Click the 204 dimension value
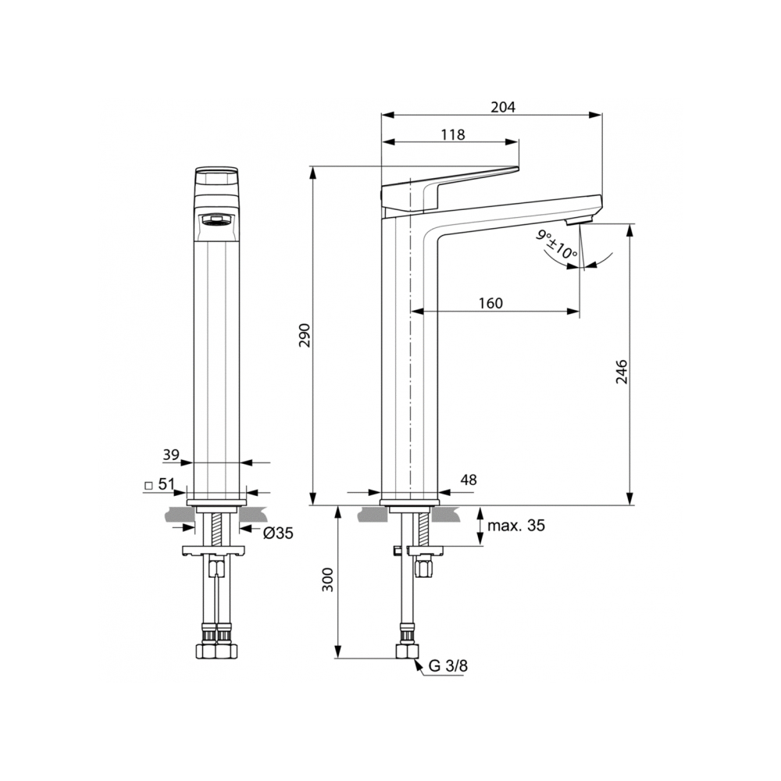click(503, 107)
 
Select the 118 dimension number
click(453, 134)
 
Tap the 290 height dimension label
click(305, 335)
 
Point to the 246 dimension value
click(622, 372)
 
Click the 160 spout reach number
click(490, 303)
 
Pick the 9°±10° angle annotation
click(557, 245)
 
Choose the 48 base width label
click(468, 480)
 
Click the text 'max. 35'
click(516, 526)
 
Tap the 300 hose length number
click(327, 580)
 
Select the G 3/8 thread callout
click(448, 666)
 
